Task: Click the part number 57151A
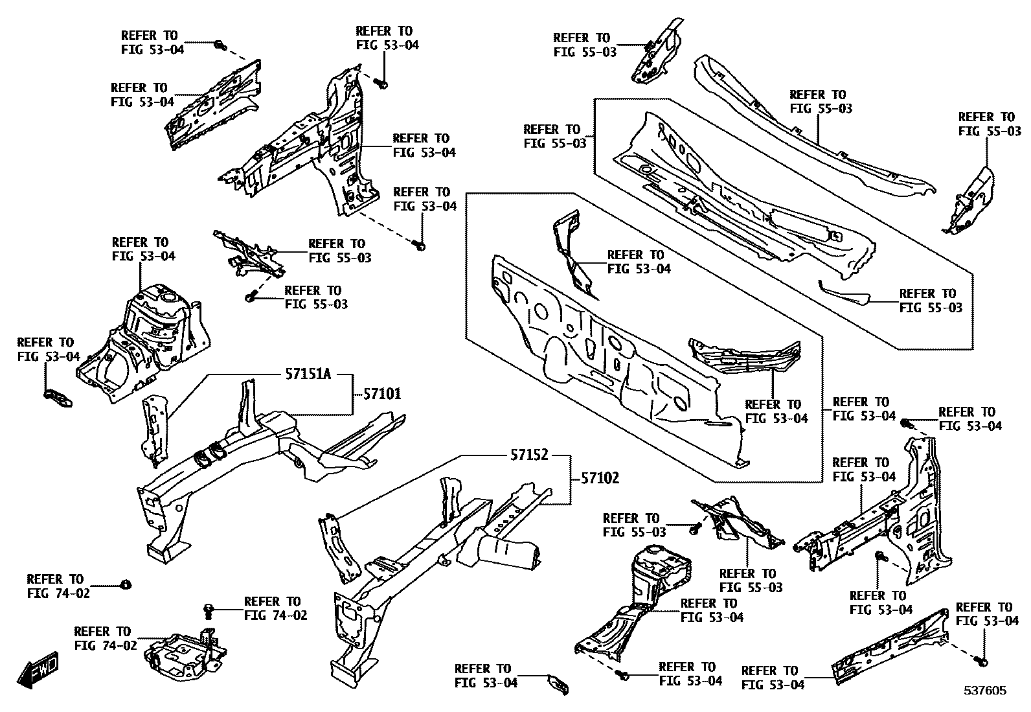(308, 374)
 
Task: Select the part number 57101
(381, 394)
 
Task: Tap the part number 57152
(528, 455)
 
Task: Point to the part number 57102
(600, 478)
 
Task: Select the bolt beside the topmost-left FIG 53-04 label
(220, 45)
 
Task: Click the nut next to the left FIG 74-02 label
(126, 585)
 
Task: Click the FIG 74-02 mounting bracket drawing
(183, 655)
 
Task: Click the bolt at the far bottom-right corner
(982, 661)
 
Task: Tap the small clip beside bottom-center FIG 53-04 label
(558, 684)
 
